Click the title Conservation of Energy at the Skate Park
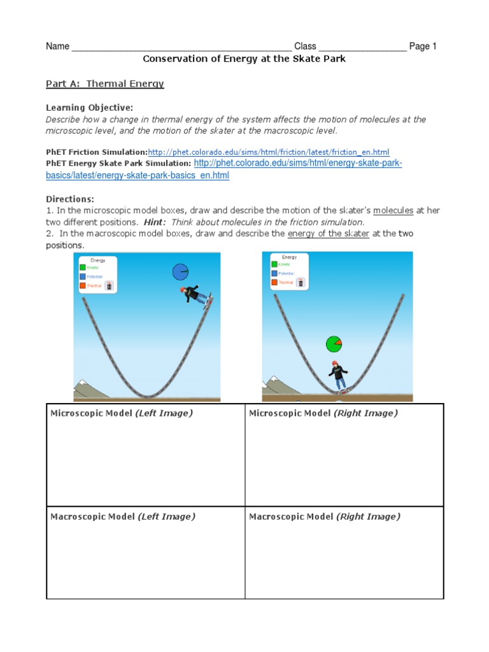point(244,59)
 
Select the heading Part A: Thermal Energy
point(105,83)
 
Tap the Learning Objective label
point(90,108)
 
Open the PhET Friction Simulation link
point(268,152)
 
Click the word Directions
point(70,199)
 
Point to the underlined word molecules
point(393,210)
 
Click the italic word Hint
point(154,222)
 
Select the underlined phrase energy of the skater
point(329,234)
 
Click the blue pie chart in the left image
point(181,272)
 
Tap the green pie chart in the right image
point(334,344)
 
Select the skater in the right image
point(337,375)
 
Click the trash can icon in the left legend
point(110,286)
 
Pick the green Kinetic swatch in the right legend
point(274,264)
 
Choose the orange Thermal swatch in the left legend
point(83,286)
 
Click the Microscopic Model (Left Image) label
point(121,413)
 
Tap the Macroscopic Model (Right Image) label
point(324,516)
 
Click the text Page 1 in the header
point(423,46)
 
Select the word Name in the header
point(57,46)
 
